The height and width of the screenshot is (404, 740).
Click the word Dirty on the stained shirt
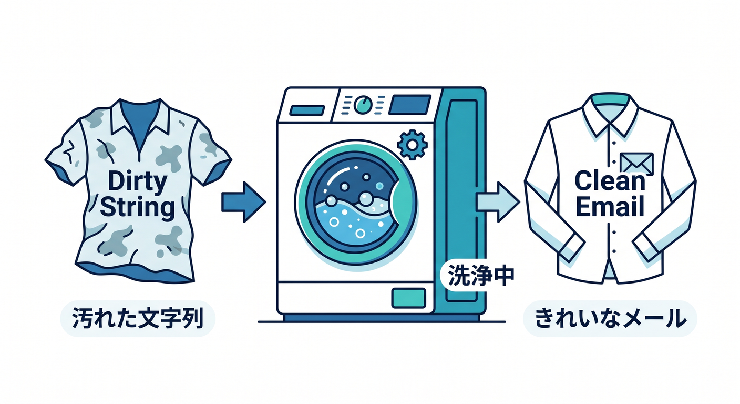(x=137, y=181)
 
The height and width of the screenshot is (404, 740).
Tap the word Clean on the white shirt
(x=610, y=180)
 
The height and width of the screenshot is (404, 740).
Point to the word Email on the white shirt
(x=610, y=206)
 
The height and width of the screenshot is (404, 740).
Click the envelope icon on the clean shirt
(x=636, y=164)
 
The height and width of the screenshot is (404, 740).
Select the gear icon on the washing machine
(x=412, y=145)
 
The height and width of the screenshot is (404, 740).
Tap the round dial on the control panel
(x=363, y=105)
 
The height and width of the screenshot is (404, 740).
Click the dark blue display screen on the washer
(x=409, y=105)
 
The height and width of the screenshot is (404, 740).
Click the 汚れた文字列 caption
(x=137, y=318)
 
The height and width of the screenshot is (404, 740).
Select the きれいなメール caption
(x=610, y=318)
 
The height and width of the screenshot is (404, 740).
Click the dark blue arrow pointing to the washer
(x=243, y=201)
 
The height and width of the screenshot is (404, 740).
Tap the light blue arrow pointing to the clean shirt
(x=498, y=201)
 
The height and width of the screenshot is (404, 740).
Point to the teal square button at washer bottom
(x=408, y=298)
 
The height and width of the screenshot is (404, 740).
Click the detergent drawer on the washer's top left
(x=307, y=110)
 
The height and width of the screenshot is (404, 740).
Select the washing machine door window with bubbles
(x=356, y=201)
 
